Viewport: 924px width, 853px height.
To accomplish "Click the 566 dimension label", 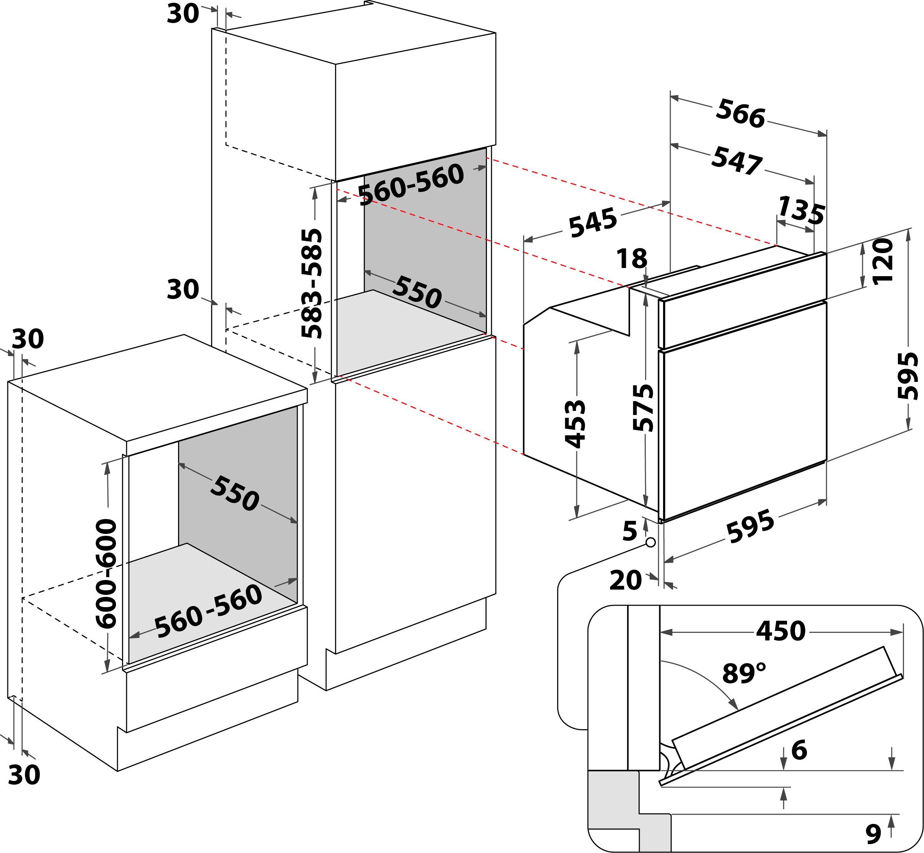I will point(740,114).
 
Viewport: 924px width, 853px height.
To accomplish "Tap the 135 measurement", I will point(801,210).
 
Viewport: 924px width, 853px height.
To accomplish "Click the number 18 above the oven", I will point(632,259).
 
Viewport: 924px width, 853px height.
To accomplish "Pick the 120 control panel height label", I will point(882,262).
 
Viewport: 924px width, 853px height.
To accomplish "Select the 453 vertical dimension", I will point(575,424).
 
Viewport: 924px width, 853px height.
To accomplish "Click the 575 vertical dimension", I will point(643,408).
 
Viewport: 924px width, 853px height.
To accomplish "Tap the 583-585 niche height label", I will point(311,283).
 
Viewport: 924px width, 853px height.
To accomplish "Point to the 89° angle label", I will point(744,674).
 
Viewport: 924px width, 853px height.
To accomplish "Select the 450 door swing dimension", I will point(780,631).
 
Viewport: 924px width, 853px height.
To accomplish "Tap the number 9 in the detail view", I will point(873,833).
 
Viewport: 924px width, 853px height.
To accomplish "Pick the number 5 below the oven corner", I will point(630,531).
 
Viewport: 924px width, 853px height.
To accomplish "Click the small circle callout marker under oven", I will point(651,542).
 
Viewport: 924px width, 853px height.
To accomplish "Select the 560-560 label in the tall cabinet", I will point(411,184).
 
